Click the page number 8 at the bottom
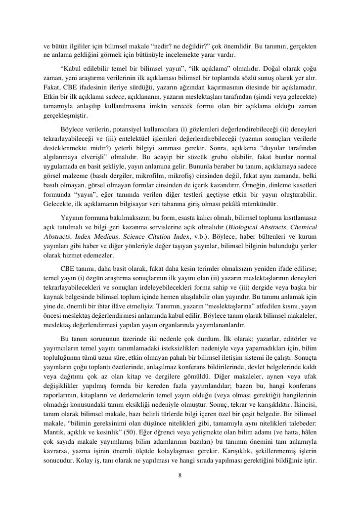(x=180, y=476)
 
